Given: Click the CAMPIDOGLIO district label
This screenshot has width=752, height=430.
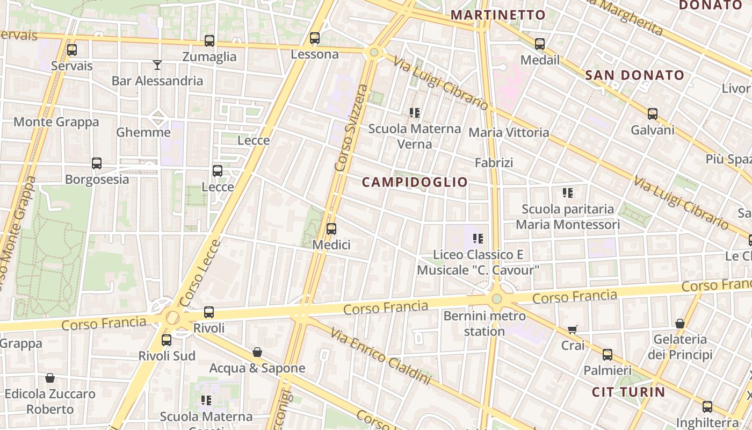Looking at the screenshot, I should [415, 182].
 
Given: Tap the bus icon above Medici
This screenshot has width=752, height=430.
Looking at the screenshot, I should [331, 229].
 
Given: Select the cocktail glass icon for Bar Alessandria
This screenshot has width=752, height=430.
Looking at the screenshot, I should [157, 65].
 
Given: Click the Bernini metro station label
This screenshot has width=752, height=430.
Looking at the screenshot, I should [484, 324].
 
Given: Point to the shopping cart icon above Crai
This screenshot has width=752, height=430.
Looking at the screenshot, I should [573, 329].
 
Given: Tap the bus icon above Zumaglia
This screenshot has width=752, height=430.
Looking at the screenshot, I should [209, 41].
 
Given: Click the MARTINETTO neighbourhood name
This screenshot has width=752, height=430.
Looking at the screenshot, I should [498, 15].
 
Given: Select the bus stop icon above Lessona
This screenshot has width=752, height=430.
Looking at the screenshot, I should [315, 38].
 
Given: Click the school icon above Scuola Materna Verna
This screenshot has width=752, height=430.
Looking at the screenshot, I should [415, 113].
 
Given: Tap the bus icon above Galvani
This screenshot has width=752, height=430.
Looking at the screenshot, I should [653, 114].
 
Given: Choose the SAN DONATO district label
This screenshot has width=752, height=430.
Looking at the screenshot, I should [634, 75].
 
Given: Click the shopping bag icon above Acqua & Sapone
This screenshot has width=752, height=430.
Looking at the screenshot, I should [257, 352].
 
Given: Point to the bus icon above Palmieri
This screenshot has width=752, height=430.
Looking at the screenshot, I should [608, 355].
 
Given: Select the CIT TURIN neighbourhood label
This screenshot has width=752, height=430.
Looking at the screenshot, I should [628, 392].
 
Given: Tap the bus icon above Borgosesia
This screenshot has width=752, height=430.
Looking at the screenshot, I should [97, 163].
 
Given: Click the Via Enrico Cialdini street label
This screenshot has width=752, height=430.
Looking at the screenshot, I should [380, 356].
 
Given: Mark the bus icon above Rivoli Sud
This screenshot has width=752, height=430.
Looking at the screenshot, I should [167, 340].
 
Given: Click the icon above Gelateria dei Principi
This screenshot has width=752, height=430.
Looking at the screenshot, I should [680, 324].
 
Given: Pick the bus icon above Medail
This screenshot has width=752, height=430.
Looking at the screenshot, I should [540, 44].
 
